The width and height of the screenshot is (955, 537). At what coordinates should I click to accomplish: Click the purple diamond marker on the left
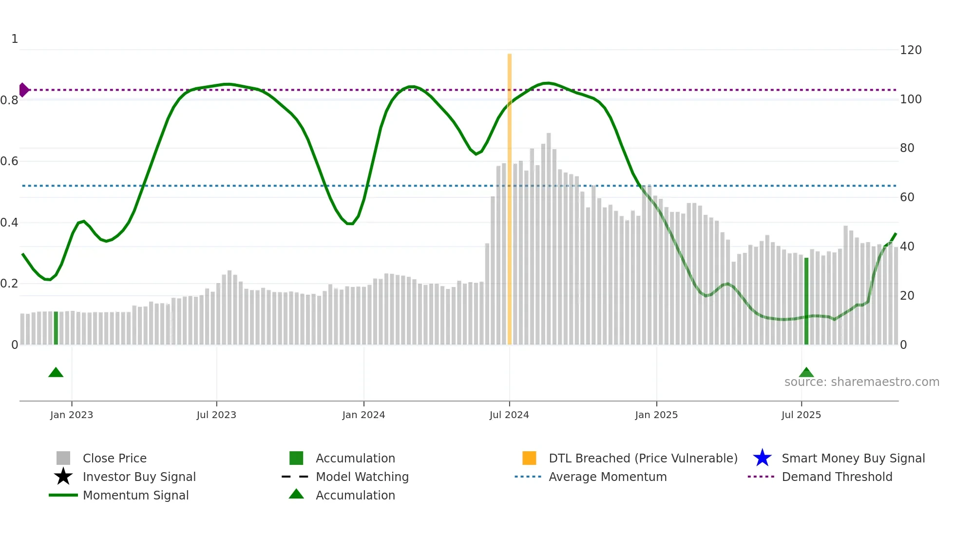[x=23, y=90]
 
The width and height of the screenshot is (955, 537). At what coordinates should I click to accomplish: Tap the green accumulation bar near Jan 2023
[x=56, y=328]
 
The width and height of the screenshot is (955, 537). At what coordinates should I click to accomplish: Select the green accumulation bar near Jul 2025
[x=806, y=302]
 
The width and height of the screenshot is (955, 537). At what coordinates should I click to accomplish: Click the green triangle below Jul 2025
[x=806, y=373]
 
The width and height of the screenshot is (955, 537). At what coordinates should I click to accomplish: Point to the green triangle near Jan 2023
[x=56, y=373]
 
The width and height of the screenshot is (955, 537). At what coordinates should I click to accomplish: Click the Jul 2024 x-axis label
[x=509, y=415]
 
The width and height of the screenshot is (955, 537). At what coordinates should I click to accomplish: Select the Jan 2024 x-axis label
[x=363, y=415]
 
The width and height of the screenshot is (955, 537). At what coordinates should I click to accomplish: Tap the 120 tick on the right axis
[x=911, y=50]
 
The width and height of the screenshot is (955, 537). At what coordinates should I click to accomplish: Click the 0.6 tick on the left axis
[x=10, y=161]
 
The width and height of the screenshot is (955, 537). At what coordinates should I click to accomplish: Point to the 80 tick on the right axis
[x=907, y=148]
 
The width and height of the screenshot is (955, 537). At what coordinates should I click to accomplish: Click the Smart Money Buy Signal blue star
[x=762, y=458]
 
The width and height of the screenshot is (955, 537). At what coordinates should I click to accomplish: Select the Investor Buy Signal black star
[x=63, y=477]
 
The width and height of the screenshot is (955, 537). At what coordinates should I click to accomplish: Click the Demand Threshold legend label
[x=837, y=477]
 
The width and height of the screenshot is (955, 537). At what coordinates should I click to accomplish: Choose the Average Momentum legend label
[x=608, y=477]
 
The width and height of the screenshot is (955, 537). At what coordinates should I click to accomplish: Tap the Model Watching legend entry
[x=362, y=477]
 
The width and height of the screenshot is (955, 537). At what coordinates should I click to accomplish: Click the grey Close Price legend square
[x=63, y=458]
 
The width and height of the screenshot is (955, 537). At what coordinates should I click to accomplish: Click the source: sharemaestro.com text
[x=861, y=382]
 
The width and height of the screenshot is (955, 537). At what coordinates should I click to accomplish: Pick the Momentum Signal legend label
[x=135, y=495]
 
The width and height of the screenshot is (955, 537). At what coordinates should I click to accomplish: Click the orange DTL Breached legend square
[x=529, y=458]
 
